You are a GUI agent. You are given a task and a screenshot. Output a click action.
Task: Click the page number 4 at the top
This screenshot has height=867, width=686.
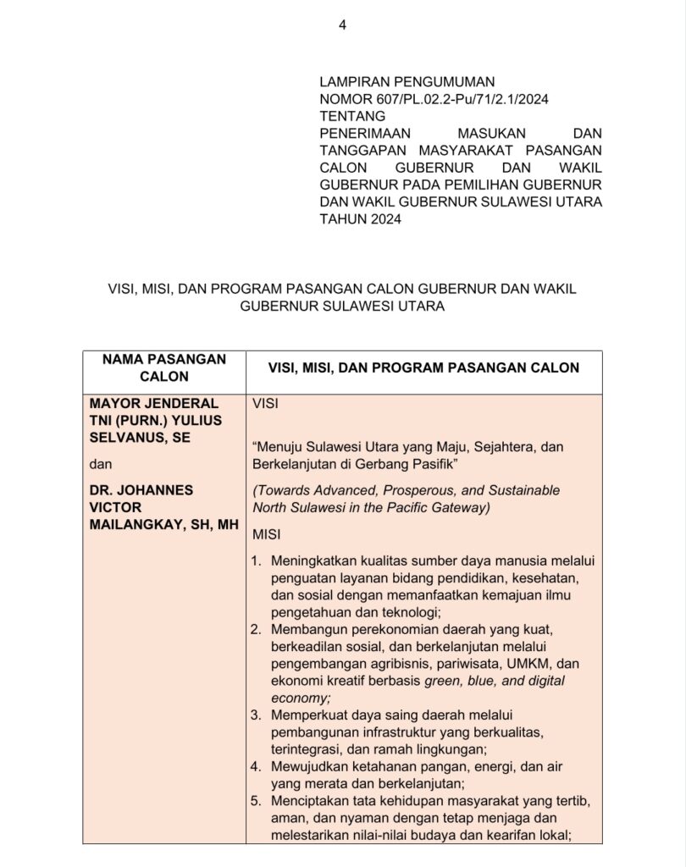point(342,25)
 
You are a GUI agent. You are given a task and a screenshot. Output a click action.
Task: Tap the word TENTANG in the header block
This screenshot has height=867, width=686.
point(351,116)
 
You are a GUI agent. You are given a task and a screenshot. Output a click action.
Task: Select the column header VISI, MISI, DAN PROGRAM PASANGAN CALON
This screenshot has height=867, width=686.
point(423,367)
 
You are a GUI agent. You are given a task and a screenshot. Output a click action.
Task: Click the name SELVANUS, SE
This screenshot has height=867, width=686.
point(141,437)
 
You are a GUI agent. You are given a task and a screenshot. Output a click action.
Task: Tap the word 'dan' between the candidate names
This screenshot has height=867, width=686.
point(100,464)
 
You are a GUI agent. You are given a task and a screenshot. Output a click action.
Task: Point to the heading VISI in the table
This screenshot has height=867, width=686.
point(266,404)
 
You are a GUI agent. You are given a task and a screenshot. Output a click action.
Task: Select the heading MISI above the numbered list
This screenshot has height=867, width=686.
point(267,534)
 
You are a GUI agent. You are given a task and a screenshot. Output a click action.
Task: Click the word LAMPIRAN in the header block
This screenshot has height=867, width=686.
point(352,82)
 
